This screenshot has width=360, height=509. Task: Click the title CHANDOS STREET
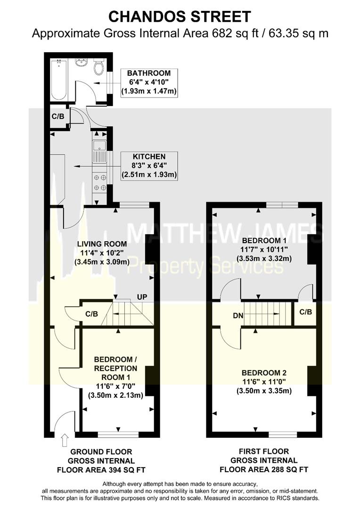tap(180, 16)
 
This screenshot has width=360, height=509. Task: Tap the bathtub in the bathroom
tap(59, 80)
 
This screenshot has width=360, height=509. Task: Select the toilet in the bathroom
tap(98, 67)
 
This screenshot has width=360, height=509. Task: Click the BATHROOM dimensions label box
tap(148, 83)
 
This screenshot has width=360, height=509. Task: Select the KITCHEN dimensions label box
tap(148, 165)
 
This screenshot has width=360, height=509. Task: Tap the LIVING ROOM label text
tap(102, 244)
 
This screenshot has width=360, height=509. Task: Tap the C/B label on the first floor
tap(305, 312)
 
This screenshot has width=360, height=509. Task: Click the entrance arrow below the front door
tap(64, 440)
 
